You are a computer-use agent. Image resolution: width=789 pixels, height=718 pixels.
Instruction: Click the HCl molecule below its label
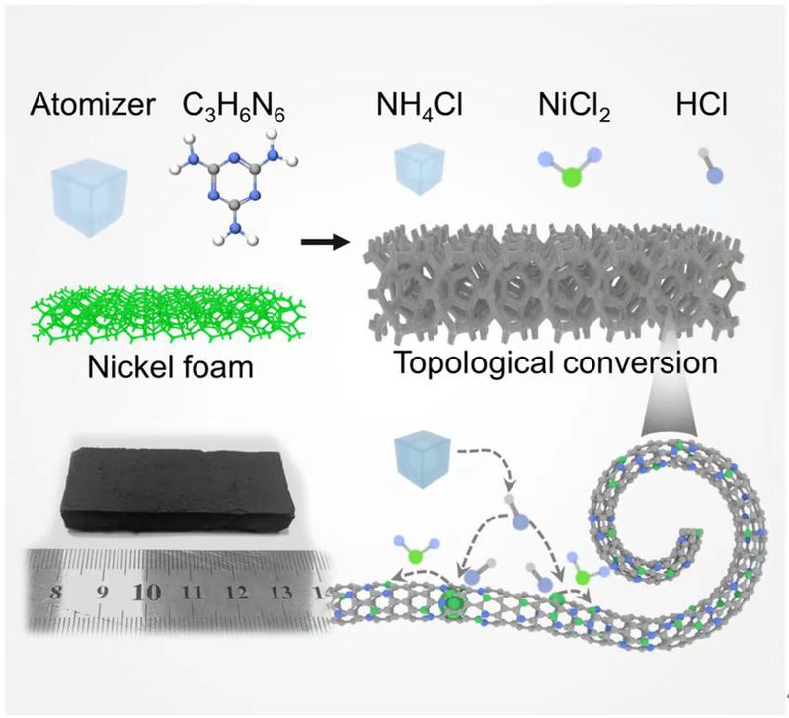(x=705, y=167)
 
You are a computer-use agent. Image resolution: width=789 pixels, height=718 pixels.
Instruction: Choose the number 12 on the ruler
(x=237, y=593)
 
